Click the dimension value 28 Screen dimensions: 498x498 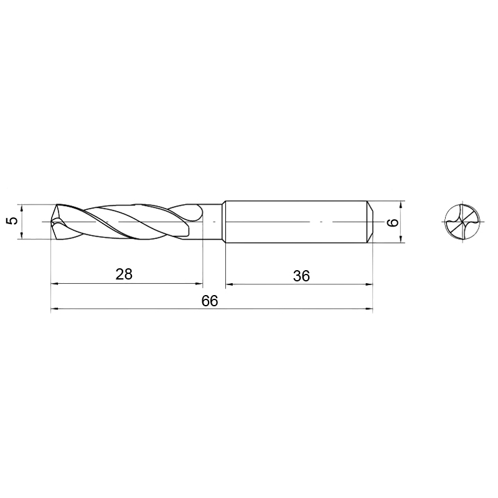coord(124,274)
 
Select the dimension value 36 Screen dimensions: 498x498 coord(301,276)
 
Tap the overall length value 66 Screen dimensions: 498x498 coord(210,301)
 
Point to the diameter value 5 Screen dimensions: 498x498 coord(12,221)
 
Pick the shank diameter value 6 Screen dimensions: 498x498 coord(393,222)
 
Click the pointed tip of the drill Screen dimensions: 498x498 coord(52,222)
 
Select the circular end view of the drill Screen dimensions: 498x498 coord(463,222)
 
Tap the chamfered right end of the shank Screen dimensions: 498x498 coord(370,222)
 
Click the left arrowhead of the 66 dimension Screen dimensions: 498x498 coord(55,308)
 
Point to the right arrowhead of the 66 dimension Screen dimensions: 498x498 coord(369,308)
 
